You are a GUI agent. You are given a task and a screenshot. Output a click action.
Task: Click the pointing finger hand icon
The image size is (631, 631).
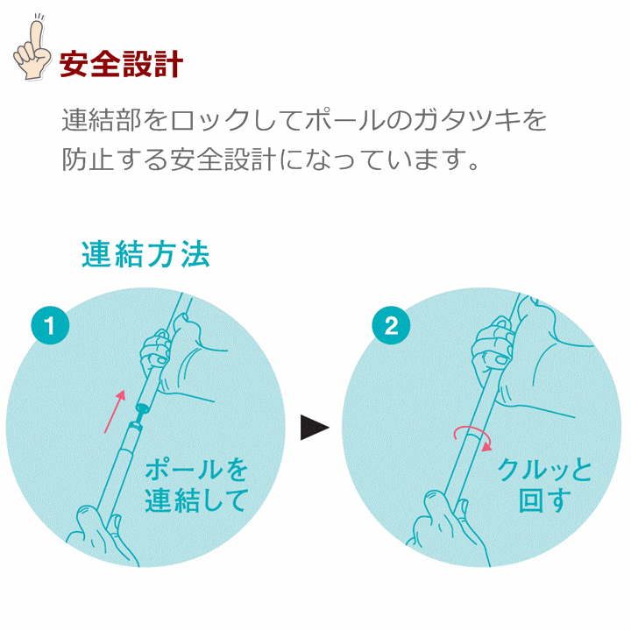pyautogui.click(x=32, y=47)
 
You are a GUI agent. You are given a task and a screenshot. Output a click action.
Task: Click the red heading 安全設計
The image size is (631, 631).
pyautogui.click(x=122, y=64)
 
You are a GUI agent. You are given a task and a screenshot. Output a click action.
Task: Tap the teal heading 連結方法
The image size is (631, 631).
pyautogui.click(x=145, y=254)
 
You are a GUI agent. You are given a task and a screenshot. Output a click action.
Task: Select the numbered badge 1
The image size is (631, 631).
pyautogui.click(x=50, y=325)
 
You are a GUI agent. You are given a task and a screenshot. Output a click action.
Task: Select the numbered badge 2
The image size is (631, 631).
pyautogui.click(x=391, y=325)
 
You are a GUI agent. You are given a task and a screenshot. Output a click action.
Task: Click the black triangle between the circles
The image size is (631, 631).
pyautogui.click(x=315, y=428)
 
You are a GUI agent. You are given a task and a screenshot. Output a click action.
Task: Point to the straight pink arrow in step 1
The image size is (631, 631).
pyautogui.click(x=115, y=411)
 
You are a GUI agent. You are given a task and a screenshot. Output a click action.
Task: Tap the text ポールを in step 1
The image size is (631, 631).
pyautogui.click(x=196, y=470)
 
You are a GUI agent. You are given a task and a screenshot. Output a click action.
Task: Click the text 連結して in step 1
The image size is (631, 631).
pyautogui.click(x=196, y=500)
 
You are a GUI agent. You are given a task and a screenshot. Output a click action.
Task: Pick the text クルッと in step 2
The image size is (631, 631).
pyautogui.click(x=545, y=470)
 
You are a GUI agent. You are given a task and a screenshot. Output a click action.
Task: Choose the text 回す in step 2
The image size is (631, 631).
pyautogui.click(x=545, y=500)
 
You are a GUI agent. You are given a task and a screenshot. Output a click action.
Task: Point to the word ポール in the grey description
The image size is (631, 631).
pyautogui.click(x=345, y=120)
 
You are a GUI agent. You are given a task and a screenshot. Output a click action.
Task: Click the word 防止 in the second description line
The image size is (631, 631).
pyautogui.click(x=87, y=160)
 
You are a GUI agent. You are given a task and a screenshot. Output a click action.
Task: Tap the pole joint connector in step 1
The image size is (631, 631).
pyautogui.click(x=139, y=415)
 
